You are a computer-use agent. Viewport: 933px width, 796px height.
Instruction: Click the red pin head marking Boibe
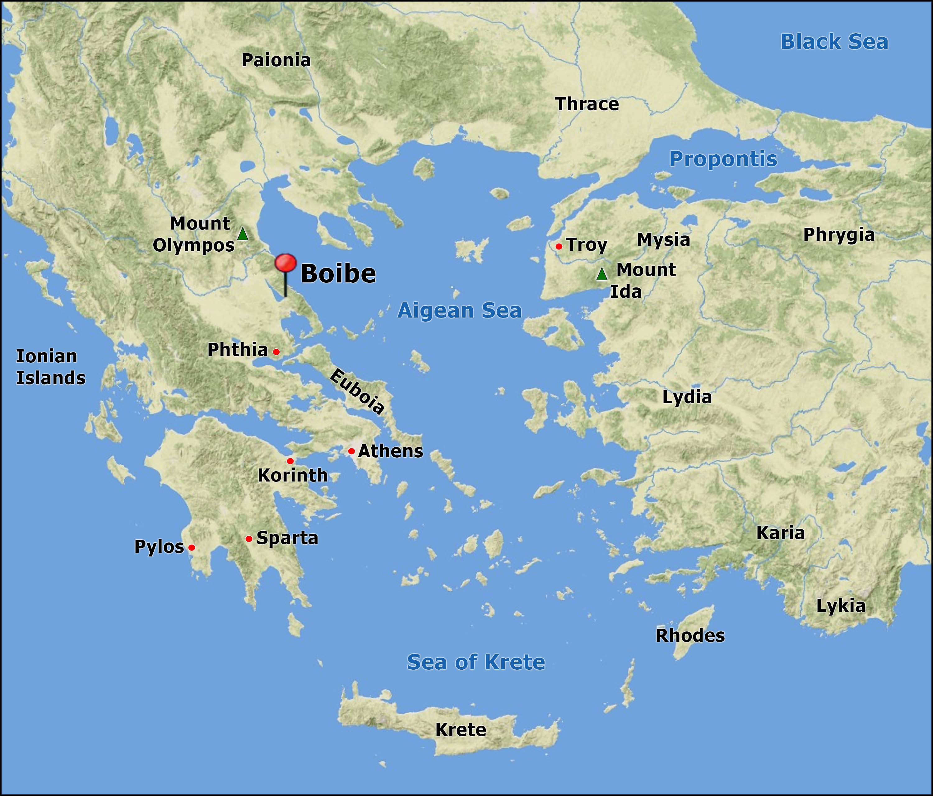point(285,263)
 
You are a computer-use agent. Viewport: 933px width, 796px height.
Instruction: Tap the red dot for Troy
point(559,246)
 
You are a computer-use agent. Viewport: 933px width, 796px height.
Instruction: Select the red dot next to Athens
point(351,451)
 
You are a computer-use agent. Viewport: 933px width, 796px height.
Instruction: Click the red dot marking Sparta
point(248,539)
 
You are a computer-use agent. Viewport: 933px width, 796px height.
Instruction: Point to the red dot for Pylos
point(191,547)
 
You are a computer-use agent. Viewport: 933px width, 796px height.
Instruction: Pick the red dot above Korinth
point(290,461)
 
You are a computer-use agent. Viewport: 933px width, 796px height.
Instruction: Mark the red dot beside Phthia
point(276,352)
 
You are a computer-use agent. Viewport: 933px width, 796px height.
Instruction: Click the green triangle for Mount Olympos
point(243,234)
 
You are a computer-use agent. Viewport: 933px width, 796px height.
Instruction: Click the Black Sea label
point(834,42)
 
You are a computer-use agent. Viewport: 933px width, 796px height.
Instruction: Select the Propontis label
point(723,159)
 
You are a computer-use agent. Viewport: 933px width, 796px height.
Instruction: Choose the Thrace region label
point(587,104)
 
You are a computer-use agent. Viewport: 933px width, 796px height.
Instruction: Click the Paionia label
point(276,60)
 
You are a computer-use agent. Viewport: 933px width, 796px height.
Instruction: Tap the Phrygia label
point(838,235)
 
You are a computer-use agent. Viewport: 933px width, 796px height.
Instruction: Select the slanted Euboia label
point(357,391)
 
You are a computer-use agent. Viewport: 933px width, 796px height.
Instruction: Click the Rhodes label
point(690,635)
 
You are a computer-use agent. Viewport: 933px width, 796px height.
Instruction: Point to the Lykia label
point(840,606)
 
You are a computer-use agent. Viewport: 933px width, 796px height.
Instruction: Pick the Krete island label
point(460,730)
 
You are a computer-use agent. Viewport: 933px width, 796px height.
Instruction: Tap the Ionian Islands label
point(50,367)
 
